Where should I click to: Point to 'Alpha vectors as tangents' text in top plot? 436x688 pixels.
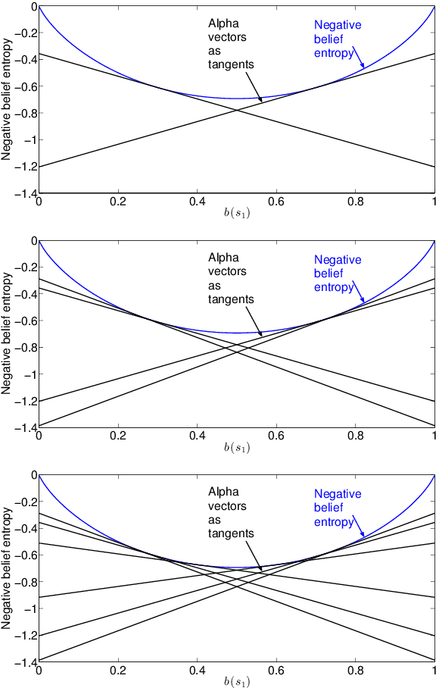(x=229, y=43)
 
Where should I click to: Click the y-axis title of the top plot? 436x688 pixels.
(x=6, y=99)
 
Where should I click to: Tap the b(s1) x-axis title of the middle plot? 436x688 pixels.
(x=236, y=449)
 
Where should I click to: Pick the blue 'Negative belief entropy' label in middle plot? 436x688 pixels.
(x=338, y=274)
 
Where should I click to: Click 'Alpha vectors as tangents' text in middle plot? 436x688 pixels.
(x=229, y=278)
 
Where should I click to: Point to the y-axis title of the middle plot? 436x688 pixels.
(x=6, y=334)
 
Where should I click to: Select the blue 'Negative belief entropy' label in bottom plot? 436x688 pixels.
(x=338, y=508)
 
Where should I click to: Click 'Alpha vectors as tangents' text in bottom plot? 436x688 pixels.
(x=229, y=512)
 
